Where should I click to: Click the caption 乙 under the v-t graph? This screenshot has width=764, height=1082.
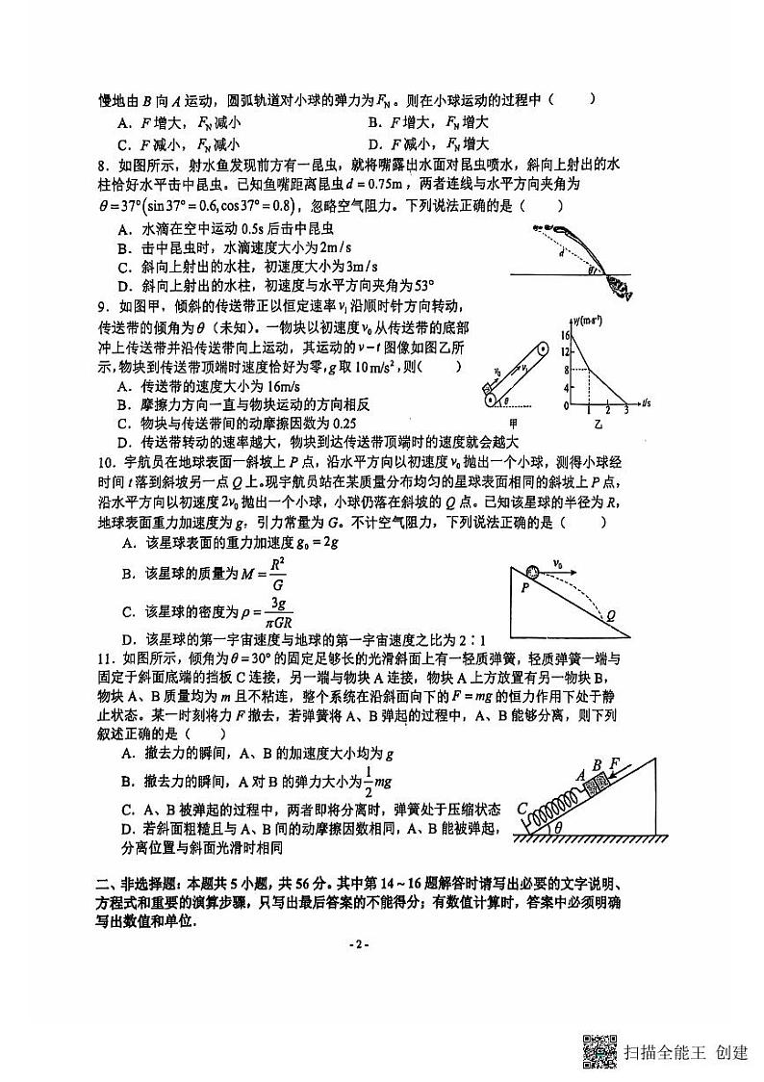598,424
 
